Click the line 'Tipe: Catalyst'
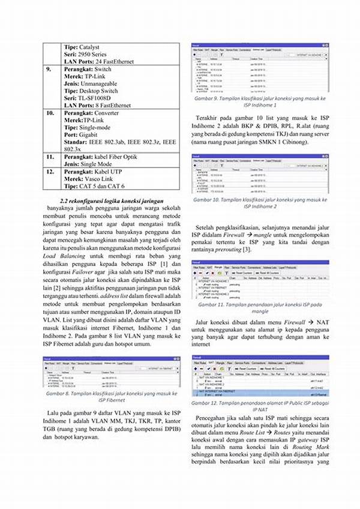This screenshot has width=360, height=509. point(82,47)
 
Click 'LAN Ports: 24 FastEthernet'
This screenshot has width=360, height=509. point(99,61)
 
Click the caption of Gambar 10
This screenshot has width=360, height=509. point(260,203)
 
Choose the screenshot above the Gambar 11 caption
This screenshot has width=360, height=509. point(260,280)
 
